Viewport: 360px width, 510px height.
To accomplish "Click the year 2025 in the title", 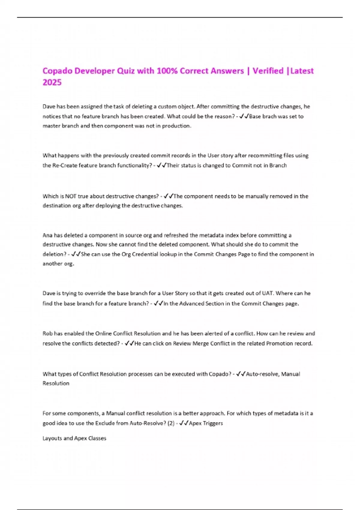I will [x=52, y=82].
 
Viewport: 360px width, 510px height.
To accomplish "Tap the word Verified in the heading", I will [x=268, y=71].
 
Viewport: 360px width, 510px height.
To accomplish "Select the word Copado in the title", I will [x=57, y=71].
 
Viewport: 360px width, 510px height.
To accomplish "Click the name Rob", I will [x=47, y=333].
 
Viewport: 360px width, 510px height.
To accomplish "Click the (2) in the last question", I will [x=171, y=423].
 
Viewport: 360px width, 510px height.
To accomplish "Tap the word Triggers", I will [x=213, y=423].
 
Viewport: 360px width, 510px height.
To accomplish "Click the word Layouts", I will [x=52, y=438].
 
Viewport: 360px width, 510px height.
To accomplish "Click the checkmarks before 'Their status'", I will [x=162, y=165].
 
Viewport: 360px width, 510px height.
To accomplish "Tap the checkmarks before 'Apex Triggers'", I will [x=184, y=423].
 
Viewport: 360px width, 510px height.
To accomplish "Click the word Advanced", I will [x=192, y=304].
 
